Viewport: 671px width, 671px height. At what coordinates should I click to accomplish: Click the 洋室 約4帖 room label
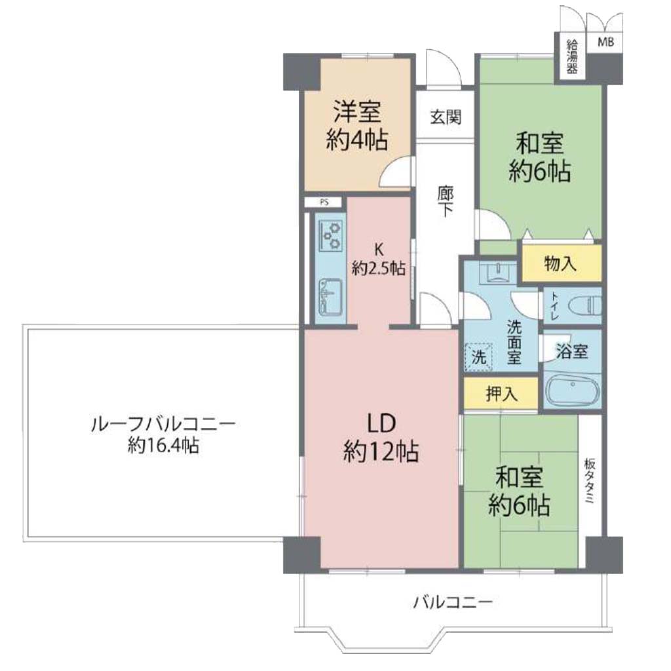pos(357,125)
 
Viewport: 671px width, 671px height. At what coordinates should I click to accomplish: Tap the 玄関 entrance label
pos(446,117)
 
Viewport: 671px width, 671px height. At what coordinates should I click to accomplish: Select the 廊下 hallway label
pos(446,202)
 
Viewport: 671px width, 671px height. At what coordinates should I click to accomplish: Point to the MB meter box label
pos(605,42)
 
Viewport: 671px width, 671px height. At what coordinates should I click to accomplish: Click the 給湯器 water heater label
pos(571,56)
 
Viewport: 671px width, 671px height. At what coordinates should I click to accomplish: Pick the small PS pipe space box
pos(324,202)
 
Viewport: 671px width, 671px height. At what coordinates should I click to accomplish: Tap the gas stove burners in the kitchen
pos(332,235)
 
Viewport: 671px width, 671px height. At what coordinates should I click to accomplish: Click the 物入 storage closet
pos(561,263)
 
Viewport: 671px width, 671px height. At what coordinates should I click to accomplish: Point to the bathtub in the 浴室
pos(573,389)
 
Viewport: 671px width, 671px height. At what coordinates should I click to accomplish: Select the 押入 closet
pos(501,393)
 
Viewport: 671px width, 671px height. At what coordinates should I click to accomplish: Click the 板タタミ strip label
pos(590,482)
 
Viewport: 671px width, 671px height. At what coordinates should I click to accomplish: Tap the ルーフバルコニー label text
pos(163,425)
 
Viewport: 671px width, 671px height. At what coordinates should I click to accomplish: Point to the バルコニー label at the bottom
pos(453,603)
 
